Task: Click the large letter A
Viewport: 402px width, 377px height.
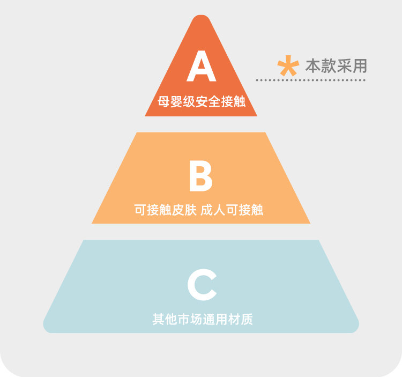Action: [x=201, y=68]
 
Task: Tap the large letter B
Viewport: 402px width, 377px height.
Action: [x=200, y=176]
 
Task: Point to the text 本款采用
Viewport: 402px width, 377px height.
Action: [x=336, y=65]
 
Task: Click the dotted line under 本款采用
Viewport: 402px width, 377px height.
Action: [x=310, y=80]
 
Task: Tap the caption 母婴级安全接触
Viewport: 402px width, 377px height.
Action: [x=202, y=100]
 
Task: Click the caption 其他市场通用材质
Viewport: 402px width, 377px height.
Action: [x=202, y=320]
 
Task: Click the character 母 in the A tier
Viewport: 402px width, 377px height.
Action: [x=163, y=100]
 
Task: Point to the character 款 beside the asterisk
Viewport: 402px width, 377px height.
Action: [x=328, y=65]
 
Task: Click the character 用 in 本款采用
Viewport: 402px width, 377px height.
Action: [x=360, y=65]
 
